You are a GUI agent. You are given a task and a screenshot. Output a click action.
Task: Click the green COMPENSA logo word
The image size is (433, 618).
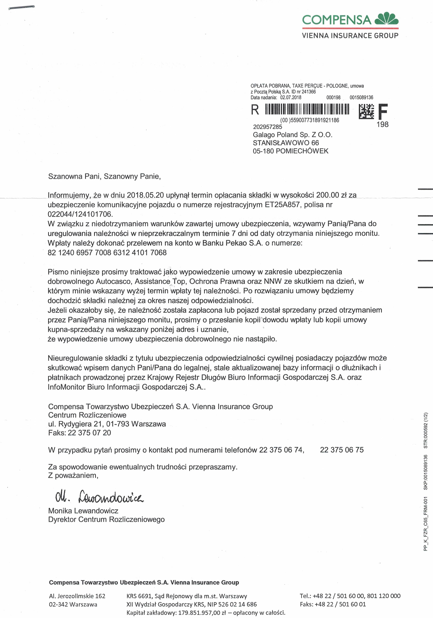click(x=337, y=20)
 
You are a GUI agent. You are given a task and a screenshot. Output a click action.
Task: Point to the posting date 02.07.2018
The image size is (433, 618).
click(x=291, y=97)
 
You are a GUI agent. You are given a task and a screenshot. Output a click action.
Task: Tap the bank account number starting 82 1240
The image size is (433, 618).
click(x=107, y=252)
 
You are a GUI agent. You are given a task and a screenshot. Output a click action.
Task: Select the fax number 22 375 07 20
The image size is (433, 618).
click(x=89, y=433)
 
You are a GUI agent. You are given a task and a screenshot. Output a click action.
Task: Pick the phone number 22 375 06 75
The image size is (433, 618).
click(x=342, y=450)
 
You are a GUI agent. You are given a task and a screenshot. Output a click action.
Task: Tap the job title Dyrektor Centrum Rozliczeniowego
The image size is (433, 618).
click(x=106, y=519)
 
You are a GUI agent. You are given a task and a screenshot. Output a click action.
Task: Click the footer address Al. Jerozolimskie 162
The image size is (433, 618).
click(x=77, y=596)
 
